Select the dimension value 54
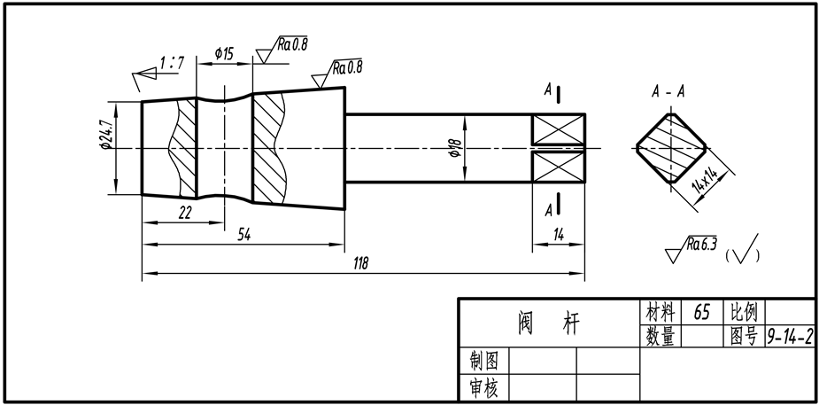243,235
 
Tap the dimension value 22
185,213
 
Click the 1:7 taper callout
172,64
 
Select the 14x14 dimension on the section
705,180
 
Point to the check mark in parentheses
746,249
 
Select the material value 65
702,312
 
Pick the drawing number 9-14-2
790,337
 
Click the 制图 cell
483,361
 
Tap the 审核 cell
483,388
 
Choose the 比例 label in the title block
743,312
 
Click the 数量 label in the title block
661,337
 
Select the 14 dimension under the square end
558,234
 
